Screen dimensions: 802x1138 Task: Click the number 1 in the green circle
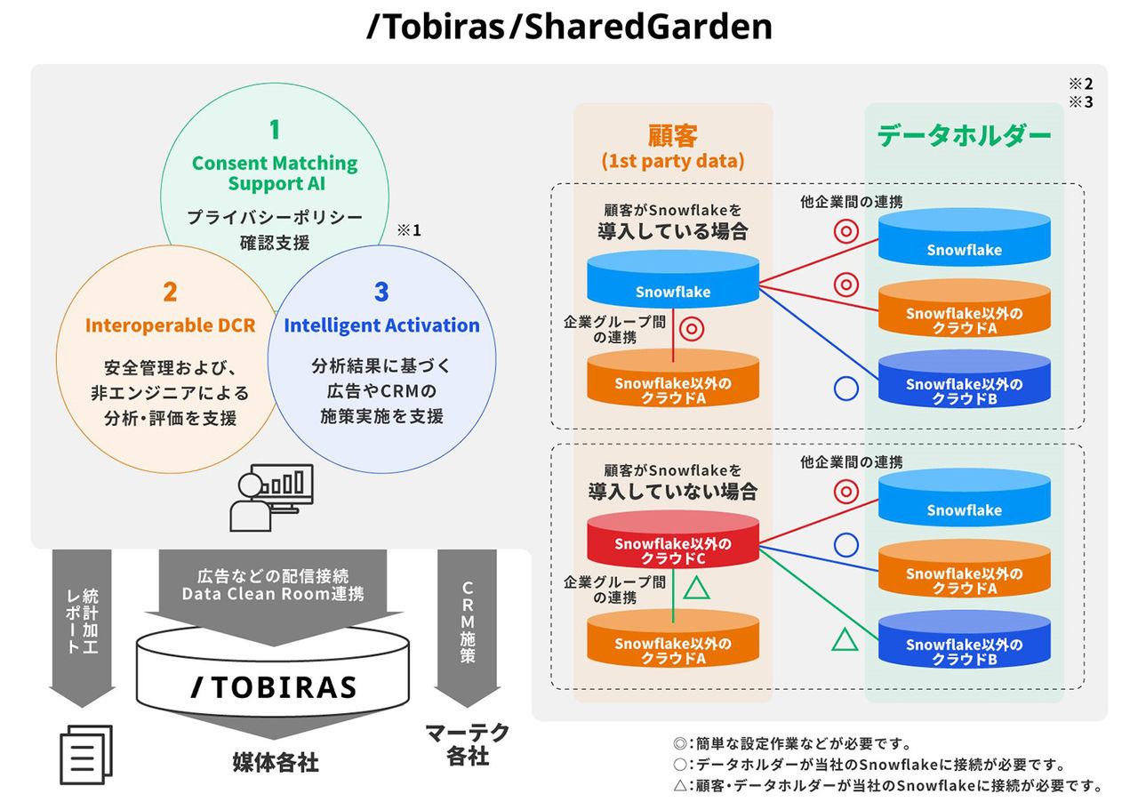pos(274,130)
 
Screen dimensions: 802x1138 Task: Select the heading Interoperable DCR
pos(170,325)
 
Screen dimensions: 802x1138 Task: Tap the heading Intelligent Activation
pos(381,325)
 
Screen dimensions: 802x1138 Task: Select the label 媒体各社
pos(275,763)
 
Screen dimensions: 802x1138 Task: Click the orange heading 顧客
pos(672,136)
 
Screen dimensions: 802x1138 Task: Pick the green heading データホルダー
pos(964,136)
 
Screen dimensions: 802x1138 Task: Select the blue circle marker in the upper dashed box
pos(845,389)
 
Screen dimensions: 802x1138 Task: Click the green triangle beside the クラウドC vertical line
pos(697,588)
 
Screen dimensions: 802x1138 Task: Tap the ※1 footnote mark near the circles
pos(408,230)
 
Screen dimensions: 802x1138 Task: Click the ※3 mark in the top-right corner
pos(1080,102)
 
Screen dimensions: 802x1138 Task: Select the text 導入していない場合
pos(672,491)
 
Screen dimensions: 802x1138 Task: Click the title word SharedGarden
pos(647,28)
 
